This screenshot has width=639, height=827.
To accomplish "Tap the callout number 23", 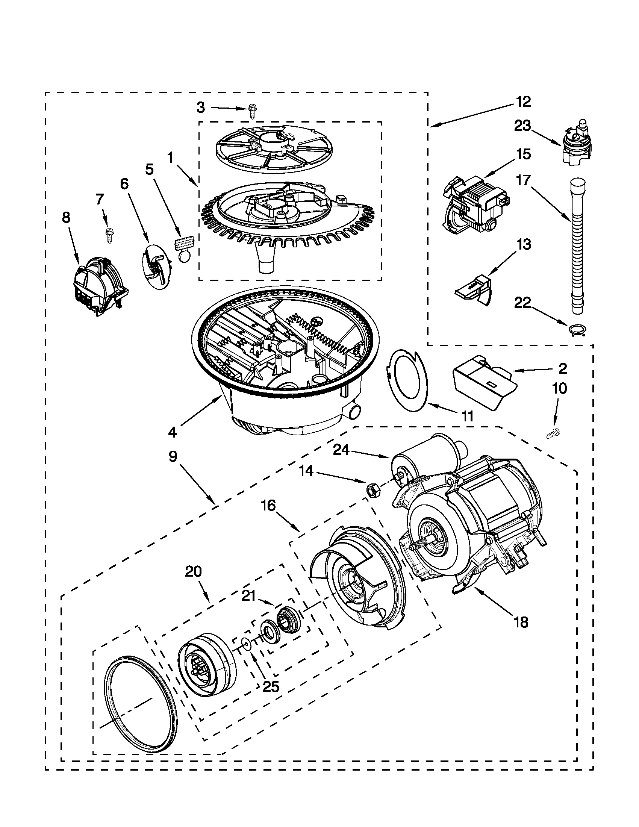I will pos(522,126).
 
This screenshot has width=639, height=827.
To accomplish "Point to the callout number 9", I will pos(173,456).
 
